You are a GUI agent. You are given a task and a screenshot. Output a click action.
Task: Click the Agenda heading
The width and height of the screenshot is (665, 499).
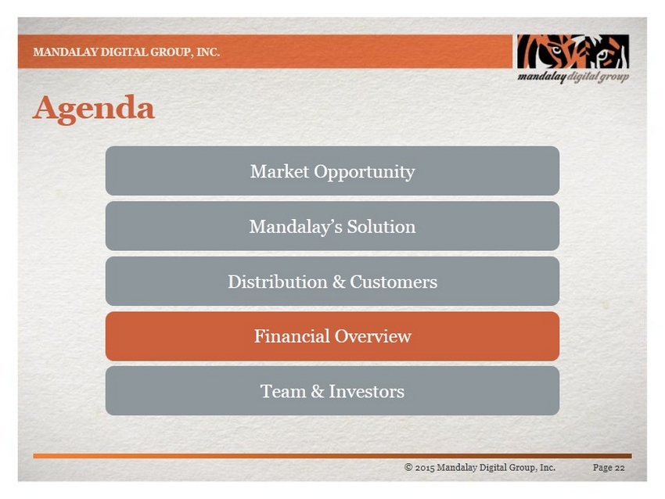tap(94, 109)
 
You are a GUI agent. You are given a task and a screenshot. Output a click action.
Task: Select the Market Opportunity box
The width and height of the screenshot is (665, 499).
tap(332, 171)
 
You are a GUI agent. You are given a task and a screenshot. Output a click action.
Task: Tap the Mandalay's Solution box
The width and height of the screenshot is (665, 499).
tap(332, 226)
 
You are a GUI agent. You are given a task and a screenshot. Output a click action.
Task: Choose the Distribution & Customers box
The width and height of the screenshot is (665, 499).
tap(332, 281)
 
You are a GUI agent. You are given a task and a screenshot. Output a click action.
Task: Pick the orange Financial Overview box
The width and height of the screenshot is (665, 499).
tap(332, 336)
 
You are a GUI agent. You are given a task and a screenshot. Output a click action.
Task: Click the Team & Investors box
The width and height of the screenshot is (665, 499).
tap(332, 391)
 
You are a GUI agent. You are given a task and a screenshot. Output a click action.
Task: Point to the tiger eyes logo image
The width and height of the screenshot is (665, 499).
tap(573, 52)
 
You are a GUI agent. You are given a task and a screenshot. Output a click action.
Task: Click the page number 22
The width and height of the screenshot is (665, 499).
tap(620, 468)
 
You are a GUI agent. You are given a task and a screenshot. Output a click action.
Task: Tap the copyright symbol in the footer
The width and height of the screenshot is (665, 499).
tap(408, 467)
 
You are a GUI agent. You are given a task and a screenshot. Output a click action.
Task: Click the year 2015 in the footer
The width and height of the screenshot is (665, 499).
tap(425, 468)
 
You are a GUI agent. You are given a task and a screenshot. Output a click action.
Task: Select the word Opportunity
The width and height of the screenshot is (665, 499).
tap(365, 172)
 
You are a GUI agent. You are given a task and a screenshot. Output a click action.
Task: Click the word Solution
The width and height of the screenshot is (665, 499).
tap(381, 226)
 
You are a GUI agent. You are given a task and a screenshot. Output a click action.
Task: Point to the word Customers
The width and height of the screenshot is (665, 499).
tap(394, 282)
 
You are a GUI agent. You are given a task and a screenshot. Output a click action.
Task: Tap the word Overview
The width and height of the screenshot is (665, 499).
tap(372, 336)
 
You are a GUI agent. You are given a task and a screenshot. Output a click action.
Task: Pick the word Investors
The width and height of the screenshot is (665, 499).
tap(366, 391)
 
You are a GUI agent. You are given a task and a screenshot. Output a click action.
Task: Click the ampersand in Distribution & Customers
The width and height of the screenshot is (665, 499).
tap(339, 282)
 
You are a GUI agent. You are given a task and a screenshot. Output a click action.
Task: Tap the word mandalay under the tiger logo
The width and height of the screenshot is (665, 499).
tap(541, 77)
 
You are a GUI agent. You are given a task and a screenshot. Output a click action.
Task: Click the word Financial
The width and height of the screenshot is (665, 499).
tap(292, 336)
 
